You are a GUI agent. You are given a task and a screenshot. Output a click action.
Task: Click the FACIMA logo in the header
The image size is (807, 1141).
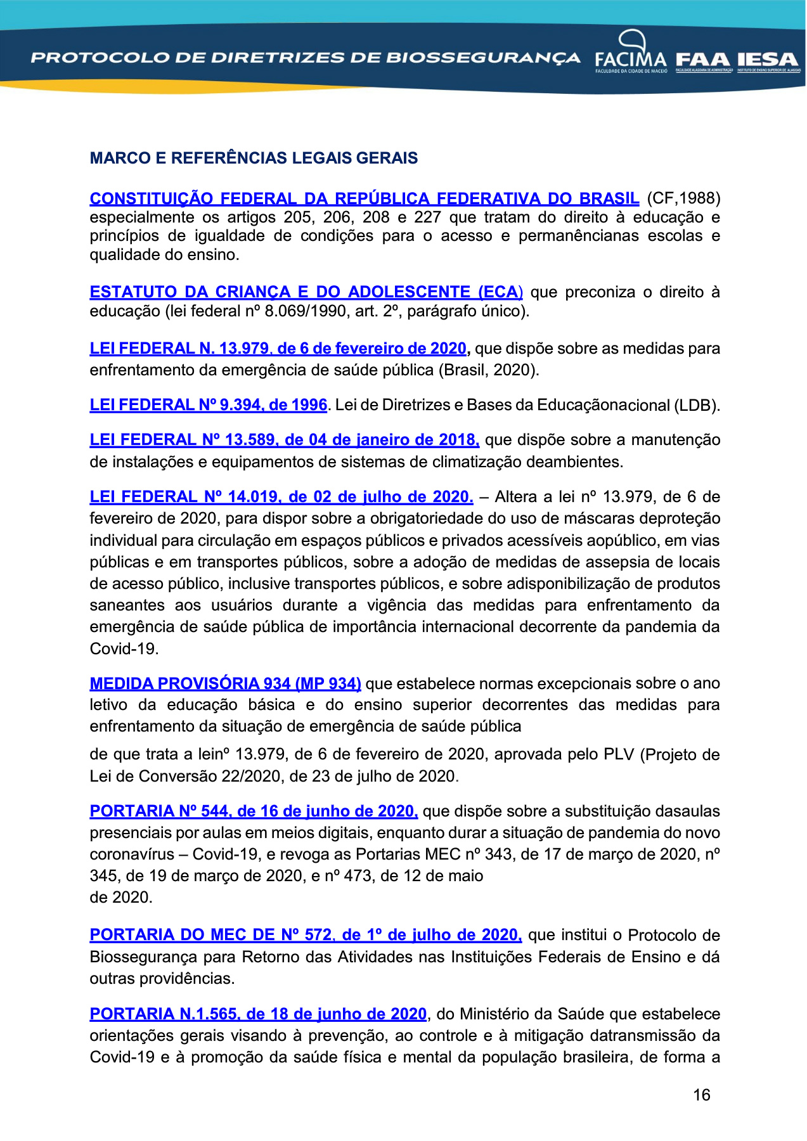[631, 53]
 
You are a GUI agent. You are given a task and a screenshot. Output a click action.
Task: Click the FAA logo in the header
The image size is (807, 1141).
[703, 61]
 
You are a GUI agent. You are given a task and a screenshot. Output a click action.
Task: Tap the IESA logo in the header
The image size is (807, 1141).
[768, 61]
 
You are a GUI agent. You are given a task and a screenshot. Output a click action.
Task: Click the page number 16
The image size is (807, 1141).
[701, 1095]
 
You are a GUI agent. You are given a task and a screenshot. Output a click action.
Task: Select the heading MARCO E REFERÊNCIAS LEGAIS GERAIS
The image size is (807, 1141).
[254, 158]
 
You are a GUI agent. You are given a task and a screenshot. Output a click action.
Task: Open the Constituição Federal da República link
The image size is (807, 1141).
[364, 198]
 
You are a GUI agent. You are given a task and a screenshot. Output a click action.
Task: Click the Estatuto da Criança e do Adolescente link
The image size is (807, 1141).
[306, 292]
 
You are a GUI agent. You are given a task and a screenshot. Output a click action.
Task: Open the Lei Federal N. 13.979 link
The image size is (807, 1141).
[278, 349]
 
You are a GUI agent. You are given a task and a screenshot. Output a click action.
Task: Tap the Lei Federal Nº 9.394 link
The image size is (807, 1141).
[208, 404]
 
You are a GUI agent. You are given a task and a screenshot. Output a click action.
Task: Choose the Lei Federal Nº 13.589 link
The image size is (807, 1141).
[284, 440]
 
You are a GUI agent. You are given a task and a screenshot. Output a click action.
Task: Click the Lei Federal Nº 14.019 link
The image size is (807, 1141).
[281, 496]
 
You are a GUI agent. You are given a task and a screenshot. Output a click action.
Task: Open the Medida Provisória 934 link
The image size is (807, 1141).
[225, 683]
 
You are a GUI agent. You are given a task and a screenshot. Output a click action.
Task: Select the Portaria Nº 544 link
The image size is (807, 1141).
[254, 811]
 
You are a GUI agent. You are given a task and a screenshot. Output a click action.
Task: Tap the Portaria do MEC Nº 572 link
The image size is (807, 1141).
[306, 935]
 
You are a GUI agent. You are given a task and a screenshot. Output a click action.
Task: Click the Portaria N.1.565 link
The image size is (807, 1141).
[258, 1014]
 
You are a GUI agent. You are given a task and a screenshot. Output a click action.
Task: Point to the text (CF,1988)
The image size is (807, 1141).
[683, 198]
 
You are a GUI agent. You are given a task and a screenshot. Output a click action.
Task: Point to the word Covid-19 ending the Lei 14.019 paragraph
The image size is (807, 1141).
[124, 648]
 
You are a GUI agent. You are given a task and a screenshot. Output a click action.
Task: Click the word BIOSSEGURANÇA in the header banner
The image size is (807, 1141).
[483, 58]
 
